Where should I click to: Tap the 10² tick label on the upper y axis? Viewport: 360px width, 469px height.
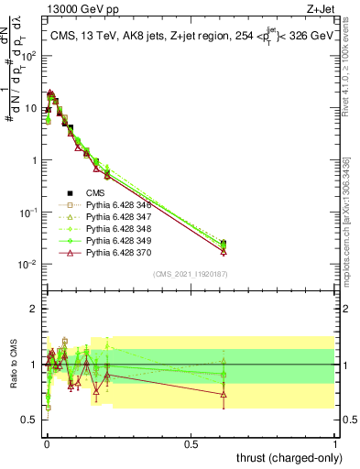pyautogui.click(x=29, y=55)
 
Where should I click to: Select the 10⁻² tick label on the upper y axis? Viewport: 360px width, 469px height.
pyautogui.click(x=29, y=265)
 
